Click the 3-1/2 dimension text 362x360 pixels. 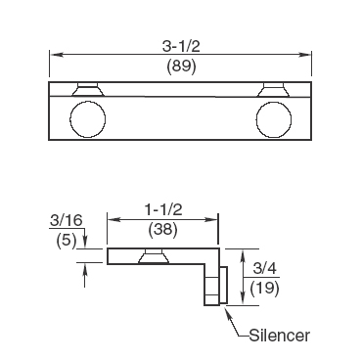(x=181, y=47)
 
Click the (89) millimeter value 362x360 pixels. (x=181, y=67)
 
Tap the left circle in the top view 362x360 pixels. (x=88, y=119)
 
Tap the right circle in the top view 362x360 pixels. (x=274, y=119)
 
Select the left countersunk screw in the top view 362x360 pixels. (x=88, y=90)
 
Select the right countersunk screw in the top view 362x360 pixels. (x=274, y=90)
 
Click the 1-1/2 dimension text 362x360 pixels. (x=163, y=210)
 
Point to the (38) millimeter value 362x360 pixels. (x=163, y=230)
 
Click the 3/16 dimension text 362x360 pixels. (x=67, y=221)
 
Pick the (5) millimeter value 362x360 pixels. (x=67, y=242)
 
